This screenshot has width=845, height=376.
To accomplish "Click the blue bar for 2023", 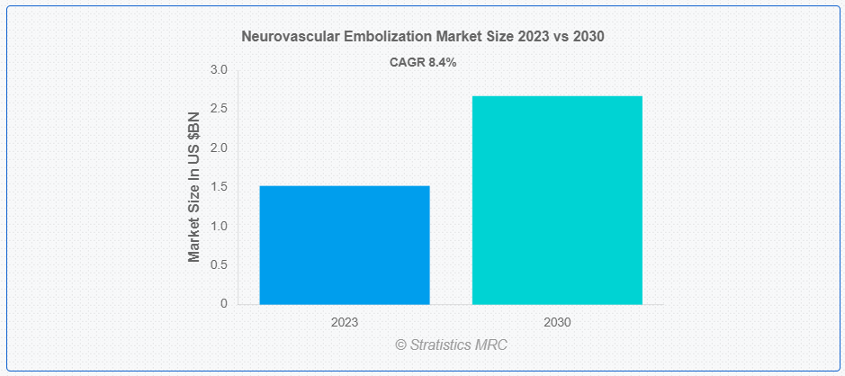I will pyautogui.click(x=345, y=245).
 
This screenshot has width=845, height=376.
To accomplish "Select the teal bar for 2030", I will pyautogui.click(x=557, y=200).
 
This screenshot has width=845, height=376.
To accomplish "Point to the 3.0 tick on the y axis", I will pyautogui.click(x=219, y=70).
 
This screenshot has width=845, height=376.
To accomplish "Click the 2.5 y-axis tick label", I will pyautogui.click(x=219, y=109).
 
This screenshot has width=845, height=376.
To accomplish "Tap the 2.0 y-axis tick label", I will pyautogui.click(x=219, y=148).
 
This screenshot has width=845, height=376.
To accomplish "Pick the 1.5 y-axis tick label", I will pyautogui.click(x=219, y=187).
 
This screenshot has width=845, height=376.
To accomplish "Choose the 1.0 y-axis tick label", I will pyautogui.click(x=219, y=226).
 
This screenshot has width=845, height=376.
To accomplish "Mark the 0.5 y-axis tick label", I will pyautogui.click(x=219, y=264).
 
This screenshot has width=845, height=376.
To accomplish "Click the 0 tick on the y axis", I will pyautogui.click(x=223, y=304).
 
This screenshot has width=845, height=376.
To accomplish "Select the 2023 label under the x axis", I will pyautogui.click(x=345, y=321).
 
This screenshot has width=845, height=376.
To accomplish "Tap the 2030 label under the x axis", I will pyautogui.click(x=557, y=321).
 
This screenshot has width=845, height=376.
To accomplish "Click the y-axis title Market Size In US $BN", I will pyautogui.click(x=194, y=187).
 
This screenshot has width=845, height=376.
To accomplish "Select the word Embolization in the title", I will pyautogui.click(x=382, y=37).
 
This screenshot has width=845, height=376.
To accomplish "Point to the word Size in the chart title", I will pyautogui.click(x=496, y=37).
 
